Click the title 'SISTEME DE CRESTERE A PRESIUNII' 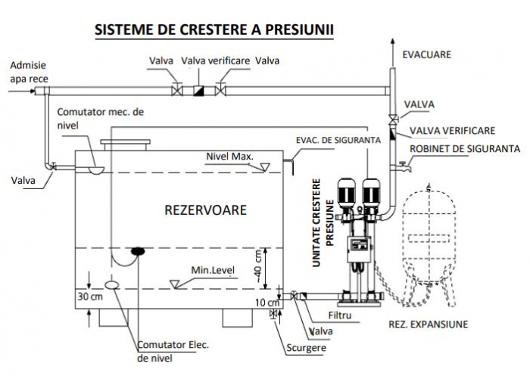coord(214,30)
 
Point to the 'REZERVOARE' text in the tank coord(205,210)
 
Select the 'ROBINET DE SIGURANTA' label coord(464,148)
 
